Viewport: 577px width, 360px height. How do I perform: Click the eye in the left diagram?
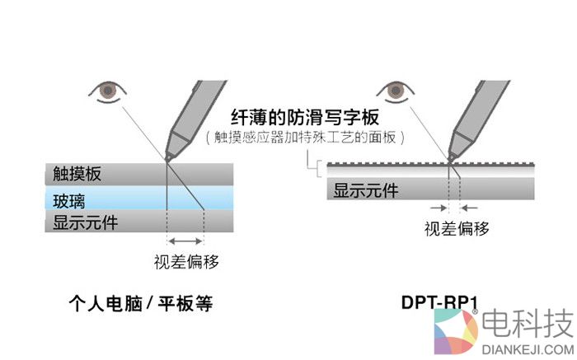(106, 89)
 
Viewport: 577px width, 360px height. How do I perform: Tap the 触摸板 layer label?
(79, 174)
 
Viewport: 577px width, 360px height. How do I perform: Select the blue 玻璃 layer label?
(69, 199)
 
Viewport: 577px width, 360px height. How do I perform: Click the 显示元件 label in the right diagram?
(366, 191)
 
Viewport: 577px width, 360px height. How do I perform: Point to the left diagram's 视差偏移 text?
(185, 262)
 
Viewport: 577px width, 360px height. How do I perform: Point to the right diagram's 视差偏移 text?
(457, 228)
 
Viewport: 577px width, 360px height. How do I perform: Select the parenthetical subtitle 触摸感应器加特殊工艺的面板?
(305, 138)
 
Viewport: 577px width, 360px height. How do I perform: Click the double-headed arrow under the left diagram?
(185, 241)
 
